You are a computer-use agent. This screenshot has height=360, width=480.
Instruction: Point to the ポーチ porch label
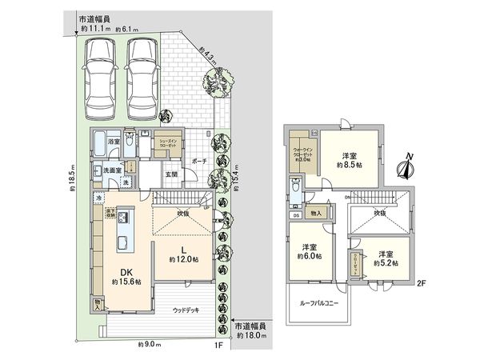point(200,160)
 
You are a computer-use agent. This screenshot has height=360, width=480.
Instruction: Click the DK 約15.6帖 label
point(126,276)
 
